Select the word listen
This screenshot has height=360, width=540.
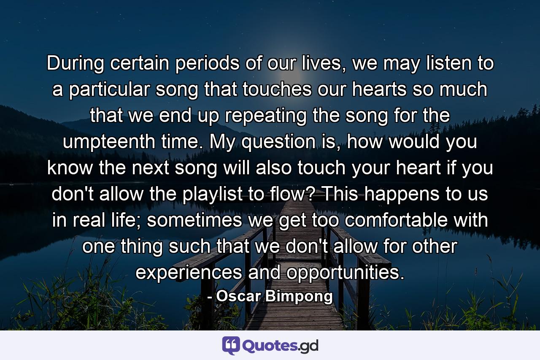coord(441,64)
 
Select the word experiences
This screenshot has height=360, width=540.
coord(187,273)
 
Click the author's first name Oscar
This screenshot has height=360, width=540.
coord(238,296)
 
